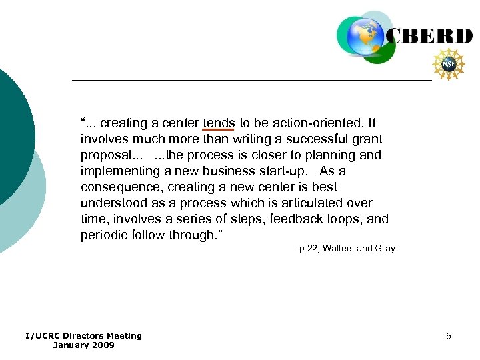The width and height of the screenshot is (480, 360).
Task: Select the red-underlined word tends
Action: [219, 123]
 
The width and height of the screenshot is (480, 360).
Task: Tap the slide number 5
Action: [449, 336]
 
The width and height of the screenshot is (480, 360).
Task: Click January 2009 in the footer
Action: [83, 345]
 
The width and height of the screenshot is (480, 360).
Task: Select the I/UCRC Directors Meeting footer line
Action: [83, 336]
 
